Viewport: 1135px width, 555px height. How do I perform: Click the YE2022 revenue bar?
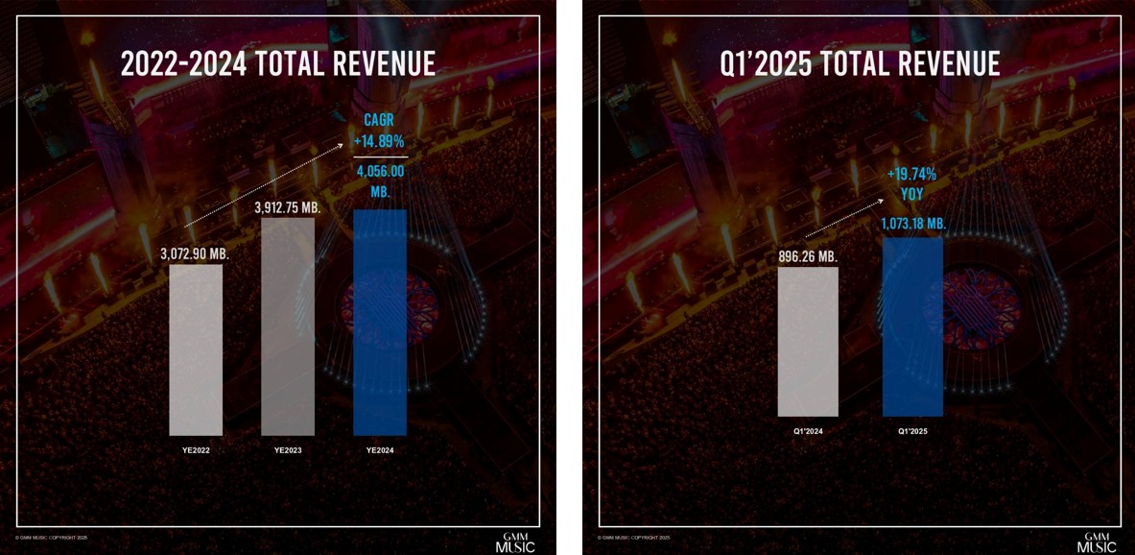(x=196, y=350)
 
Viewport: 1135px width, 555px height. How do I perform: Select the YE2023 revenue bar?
(x=288, y=326)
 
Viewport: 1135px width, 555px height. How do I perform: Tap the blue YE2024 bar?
(x=380, y=322)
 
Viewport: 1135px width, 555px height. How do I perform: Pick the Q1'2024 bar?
(x=808, y=341)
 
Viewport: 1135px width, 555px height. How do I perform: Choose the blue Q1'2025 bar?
(x=912, y=326)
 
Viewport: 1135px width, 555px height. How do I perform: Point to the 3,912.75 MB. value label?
(x=288, y=206)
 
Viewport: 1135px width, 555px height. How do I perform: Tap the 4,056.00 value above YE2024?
(x=380, y=172)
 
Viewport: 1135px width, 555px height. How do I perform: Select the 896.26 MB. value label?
(x=809, y=256)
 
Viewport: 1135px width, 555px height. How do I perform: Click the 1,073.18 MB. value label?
(x=912, y=224)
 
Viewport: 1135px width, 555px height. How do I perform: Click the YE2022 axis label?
(x=196, y=450)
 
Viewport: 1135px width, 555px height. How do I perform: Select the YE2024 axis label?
(x=380, y=450)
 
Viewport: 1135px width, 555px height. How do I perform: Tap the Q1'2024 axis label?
(x=808, y=431)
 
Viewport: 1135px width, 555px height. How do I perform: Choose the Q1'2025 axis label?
(x=912, y=431)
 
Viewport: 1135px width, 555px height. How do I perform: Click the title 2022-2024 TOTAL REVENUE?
(x=278, y=63)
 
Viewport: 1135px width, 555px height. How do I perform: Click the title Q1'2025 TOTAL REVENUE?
(x=860, y=63)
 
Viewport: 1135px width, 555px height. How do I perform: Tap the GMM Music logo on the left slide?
(x=523, y=543)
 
